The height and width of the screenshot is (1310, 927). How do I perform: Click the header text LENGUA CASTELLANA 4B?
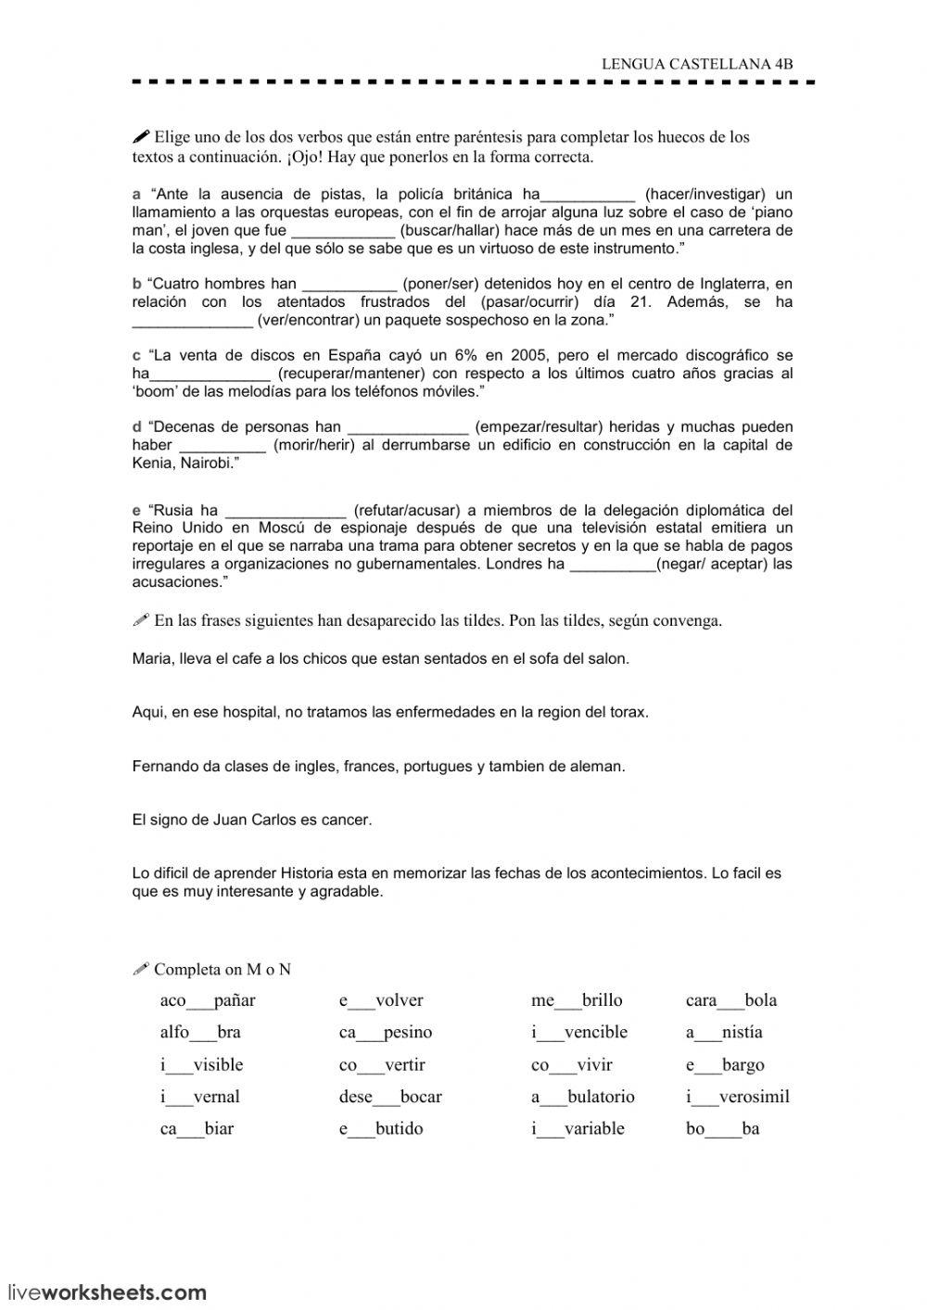coord(697,64)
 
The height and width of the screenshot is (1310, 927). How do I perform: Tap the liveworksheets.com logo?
coord(107,1291)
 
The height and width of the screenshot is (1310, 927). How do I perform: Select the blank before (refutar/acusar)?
coord(286,511)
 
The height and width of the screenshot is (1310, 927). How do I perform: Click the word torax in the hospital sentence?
coord(628,712)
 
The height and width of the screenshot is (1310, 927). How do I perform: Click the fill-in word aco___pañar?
coord(208,1000)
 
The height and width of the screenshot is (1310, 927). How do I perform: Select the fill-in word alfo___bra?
coord(200,1033)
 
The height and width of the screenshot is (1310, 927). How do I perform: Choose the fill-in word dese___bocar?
coord(390,1097)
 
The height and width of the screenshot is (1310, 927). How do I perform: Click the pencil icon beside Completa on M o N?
coord(141,970)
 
